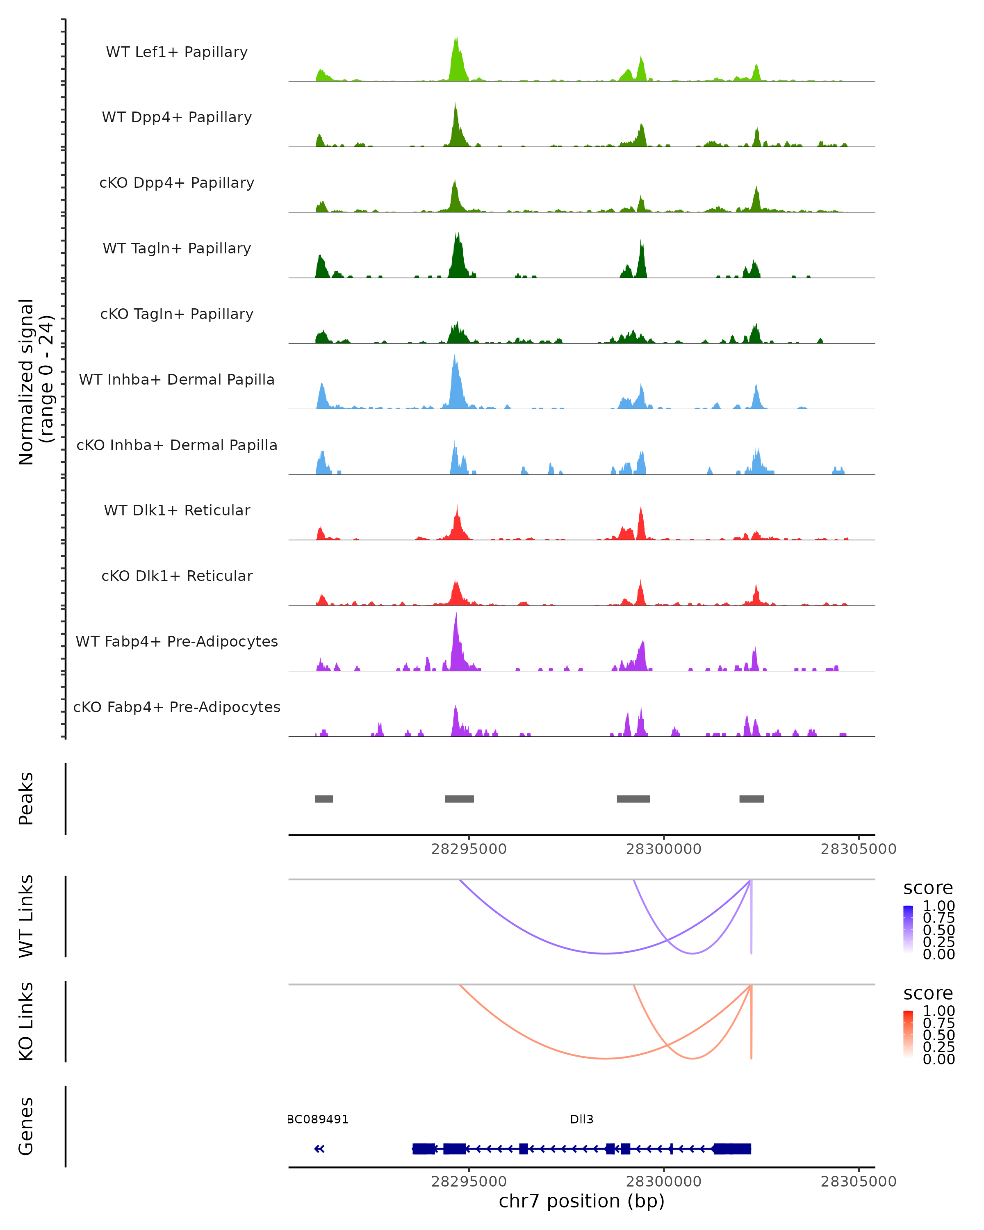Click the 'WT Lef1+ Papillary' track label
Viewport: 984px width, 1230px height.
[177, 52]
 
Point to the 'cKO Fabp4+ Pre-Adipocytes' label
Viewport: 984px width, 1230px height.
[177, 707]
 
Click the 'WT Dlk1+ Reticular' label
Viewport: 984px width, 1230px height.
[177, 510]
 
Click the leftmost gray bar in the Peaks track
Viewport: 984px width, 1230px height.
[324, 799]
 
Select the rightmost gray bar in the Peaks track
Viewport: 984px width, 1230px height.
[751, 799]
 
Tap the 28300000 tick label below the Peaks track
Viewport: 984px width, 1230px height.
[663, 849]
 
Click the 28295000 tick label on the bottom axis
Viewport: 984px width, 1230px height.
[469, 1182]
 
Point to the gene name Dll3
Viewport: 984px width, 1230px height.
[581, 1119]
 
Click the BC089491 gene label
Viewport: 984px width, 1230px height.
[318, 1119]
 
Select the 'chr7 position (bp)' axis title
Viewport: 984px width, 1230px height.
[581, 1201]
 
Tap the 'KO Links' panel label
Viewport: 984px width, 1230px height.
[26, 1021]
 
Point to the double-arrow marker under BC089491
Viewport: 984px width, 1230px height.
[319, 1148]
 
